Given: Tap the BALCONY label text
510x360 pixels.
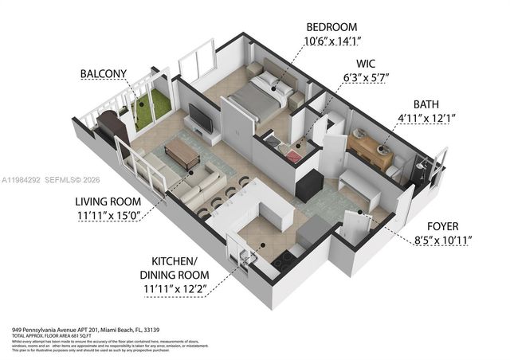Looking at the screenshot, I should tap(102, 74).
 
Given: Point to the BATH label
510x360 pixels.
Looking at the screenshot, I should tap(426, 104).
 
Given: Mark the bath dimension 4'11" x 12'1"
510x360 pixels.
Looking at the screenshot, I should tap(426, 119).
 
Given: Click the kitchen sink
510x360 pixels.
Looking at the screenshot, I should tap(249, 253).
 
